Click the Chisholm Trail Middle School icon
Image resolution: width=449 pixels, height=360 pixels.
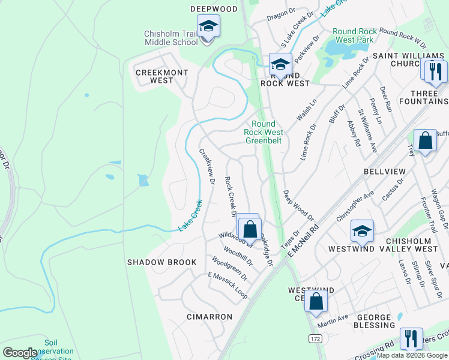point(208,26)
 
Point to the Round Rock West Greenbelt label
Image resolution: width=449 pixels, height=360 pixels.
point(264,132)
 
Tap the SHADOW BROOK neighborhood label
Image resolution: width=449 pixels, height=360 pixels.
point(161,262)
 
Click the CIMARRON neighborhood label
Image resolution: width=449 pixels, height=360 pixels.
point(209,316)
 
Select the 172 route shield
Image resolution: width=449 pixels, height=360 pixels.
point(315,339)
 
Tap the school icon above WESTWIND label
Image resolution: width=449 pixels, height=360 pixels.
point(362,231)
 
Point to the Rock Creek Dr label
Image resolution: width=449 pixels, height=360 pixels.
point(231,197)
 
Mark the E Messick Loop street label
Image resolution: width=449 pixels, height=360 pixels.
point(228,285)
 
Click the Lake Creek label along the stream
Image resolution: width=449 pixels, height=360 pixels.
point(190,216)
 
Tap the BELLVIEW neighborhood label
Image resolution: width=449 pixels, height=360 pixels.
point(385,172)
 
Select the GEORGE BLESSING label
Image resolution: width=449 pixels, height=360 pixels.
point(376,321)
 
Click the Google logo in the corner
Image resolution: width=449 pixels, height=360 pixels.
point(20,353)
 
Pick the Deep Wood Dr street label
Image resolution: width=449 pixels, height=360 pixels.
point(298,205)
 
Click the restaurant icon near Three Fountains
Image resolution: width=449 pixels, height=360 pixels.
point(436,70)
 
